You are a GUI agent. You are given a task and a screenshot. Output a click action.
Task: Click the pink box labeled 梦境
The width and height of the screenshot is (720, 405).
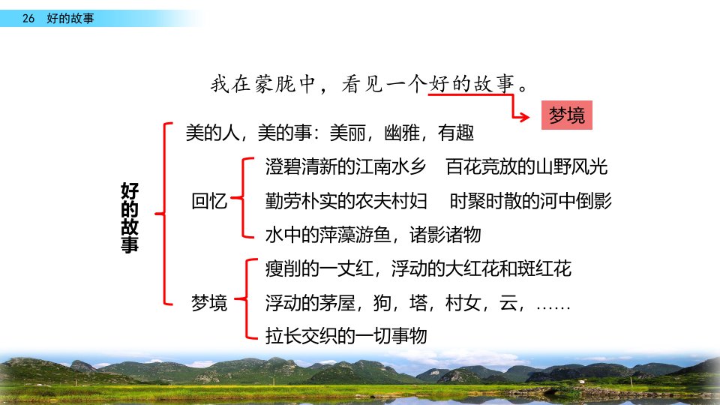(567, 115)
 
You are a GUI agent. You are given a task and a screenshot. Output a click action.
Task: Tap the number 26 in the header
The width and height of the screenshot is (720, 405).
(28, 18)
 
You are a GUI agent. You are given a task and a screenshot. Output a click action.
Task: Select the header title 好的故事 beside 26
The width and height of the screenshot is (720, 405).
(70, 18)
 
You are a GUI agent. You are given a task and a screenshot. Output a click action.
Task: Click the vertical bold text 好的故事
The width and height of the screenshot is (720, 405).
(130, 217)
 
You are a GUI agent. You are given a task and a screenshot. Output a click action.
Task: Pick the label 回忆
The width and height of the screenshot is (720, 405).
(209, 201)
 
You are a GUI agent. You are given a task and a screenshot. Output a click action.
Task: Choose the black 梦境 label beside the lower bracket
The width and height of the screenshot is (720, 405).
(209, 302)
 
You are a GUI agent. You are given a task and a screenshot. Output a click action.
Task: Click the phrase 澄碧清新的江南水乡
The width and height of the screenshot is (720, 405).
(346, 166)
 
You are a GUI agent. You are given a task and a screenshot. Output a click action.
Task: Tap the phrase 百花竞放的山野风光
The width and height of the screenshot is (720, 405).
(526, 166)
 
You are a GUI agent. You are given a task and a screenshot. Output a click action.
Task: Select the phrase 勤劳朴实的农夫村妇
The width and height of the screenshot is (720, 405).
(346, 201)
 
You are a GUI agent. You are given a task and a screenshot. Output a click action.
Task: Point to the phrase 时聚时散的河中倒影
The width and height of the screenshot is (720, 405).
(531, 201)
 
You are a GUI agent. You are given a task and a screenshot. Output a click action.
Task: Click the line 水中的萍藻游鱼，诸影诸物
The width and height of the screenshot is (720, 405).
(373, 235)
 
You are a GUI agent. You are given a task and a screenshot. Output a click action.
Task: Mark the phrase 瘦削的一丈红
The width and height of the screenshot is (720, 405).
(319, 268)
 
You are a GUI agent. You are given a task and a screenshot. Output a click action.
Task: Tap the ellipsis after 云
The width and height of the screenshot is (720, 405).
(553, 307)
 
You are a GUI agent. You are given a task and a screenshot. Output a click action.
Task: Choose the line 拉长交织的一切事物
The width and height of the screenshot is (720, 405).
(346, 336)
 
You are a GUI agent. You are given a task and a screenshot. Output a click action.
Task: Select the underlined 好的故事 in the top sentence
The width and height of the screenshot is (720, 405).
(472, 85)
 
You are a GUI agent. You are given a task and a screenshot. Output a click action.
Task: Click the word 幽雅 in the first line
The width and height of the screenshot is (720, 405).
(402, 133)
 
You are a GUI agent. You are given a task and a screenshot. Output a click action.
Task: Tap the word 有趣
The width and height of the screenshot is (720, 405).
(455, 133)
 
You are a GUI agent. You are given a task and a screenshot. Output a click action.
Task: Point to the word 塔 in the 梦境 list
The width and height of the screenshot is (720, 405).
(418, 303)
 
